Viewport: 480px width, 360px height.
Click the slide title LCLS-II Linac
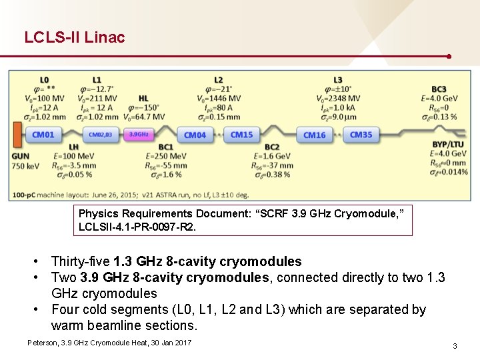[75, 37]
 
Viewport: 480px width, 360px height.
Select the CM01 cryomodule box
[43, 135]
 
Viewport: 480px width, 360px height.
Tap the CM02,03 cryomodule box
[101, 135]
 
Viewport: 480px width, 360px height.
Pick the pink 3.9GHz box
[139, 135]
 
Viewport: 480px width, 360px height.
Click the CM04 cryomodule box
[195, 135]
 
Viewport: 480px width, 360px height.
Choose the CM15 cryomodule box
[241, 135]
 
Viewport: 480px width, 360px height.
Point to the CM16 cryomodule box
[315, 135]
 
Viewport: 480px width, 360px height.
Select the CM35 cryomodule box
[361, 135]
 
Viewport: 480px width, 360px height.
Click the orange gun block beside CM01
[16, 135]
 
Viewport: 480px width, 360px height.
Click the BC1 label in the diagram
[166, 147]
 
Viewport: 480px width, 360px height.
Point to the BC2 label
[271, 147]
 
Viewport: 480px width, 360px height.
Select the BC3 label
[439, 89]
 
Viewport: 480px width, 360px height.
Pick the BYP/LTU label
[448, 144]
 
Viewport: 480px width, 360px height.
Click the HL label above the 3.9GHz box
[144, 98]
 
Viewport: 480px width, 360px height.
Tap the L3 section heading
[338, 80]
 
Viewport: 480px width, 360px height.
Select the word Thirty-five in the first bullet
[80, 261]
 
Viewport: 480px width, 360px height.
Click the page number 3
[455, 346]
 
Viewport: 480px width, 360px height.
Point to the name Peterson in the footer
[41, 342]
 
